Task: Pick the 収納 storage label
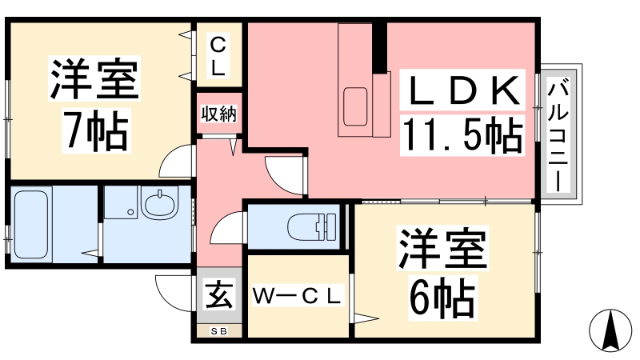click(x=218, y=114)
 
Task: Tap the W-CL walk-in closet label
click(x=298, y=297)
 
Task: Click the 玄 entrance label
click(x=218, y=295)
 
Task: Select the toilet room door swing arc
click(x=226, y=230)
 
